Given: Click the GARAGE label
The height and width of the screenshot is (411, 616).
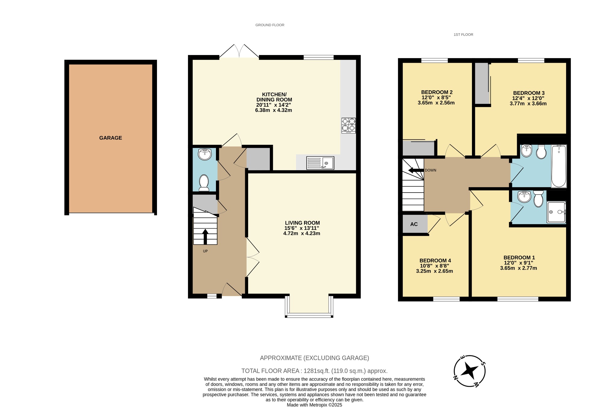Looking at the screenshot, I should pos(110,138).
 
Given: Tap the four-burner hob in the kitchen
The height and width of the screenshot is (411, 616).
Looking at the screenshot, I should pos(348,125).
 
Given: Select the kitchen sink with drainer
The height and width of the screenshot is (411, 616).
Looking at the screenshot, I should pos(320,163).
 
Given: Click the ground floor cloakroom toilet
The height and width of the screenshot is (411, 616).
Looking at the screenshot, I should pos(204,183).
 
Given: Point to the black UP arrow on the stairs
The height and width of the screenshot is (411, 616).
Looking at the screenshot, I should pos(205,236).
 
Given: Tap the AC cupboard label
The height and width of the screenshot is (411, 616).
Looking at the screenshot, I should pos(414,224).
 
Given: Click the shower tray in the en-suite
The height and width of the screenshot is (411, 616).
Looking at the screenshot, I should pos(556,212).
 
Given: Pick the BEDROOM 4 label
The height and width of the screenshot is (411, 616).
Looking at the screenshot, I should pos(435,261).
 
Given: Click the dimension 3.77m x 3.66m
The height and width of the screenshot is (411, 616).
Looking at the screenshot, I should pos(528,104).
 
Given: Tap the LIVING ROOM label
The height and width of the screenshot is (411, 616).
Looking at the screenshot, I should pos(302,223).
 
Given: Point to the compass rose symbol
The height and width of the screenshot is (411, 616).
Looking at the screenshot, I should pos(469,371).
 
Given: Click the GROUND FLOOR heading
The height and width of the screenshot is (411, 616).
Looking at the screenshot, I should pos(269,25).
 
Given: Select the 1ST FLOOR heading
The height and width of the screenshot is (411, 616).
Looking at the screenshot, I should pos(463,35).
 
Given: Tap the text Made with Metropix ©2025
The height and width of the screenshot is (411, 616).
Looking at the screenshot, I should pos(314,405).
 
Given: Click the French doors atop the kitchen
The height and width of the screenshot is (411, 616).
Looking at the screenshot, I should pos(239,52).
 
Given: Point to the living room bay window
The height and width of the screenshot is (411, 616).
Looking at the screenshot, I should pos(309,315).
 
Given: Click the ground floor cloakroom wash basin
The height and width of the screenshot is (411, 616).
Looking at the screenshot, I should pos(205,154).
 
